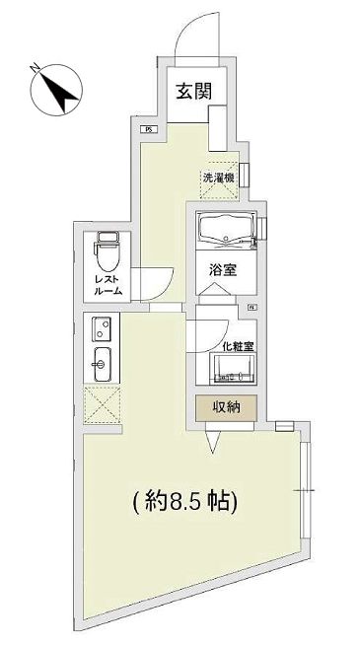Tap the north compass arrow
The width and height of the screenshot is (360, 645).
(55, 88)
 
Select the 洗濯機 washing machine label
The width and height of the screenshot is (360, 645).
(219, 178)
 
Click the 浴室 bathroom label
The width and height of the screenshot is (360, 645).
(221, 269)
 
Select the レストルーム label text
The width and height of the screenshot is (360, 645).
(108, 285)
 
